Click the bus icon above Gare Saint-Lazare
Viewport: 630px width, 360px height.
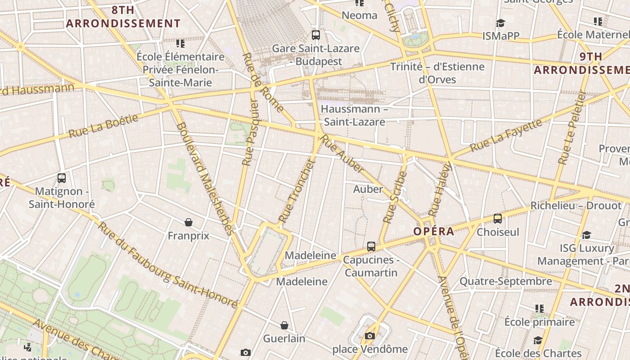click(316, 35)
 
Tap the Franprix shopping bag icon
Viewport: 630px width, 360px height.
click(189, 222)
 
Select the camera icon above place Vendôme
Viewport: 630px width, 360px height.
click(370, 336)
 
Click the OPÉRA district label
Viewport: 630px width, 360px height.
click(434, 232)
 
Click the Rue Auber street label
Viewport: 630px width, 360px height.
click(343, 156)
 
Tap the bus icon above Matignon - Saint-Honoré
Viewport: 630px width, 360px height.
click(62, 178)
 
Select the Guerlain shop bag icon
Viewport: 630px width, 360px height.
click(284, 325)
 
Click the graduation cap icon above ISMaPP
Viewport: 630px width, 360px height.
click(500, 23)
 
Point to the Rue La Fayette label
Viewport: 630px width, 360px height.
click(506, 135)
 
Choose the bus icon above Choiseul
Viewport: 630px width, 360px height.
click(498, 219)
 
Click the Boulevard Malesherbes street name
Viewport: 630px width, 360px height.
click(205, 179)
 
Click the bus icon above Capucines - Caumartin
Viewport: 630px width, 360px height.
click(371, 247)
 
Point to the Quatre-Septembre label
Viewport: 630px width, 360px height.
click(505, 282)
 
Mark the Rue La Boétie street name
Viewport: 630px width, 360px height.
click(103, 126)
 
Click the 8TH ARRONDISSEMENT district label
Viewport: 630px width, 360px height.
click(123, 17)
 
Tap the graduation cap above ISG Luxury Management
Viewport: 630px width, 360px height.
click(586, 235)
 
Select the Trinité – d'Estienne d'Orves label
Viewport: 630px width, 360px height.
click(437, 73)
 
